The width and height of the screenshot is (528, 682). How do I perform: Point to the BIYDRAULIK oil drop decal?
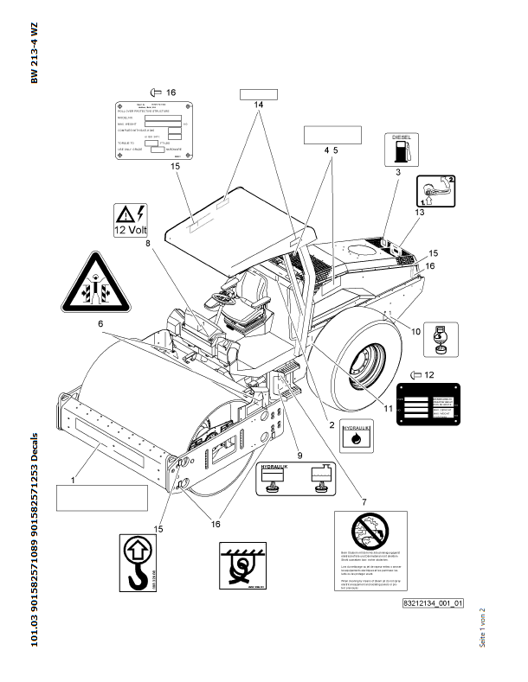click(x=353, y=435)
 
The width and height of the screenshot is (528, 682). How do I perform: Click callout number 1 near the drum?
click(x=73, y=479)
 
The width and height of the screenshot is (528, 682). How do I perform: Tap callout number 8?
click(x=148, y=244)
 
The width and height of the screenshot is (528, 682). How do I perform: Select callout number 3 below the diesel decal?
click(x=397, y=174)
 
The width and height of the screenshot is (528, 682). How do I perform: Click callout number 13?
click(x=420, y=211)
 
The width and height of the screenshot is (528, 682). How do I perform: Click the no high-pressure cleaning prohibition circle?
click(x=370, y=529)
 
